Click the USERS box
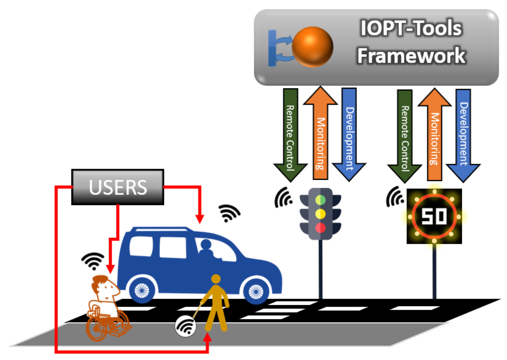tap(118, 187)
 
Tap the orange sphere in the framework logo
tap(312, 47)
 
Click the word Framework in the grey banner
tap(411, 56)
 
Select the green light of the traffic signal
tap(320, 200)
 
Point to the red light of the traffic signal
tap(320, 228)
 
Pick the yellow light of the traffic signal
tap(320, 214)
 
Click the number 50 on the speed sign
tap(434, 217)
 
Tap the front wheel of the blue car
tap(256, 291)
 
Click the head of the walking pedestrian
tap(216, 279)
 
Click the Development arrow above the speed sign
tap(463, 137)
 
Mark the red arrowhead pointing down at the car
tap(200, 219)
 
